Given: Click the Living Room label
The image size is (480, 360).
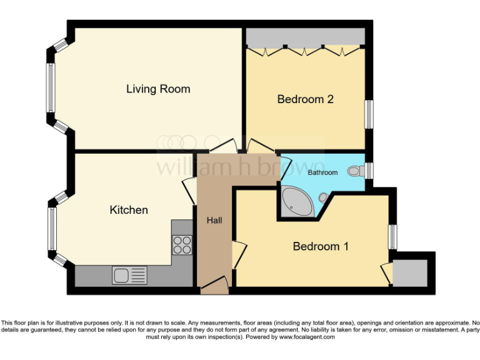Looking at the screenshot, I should pyautogui.click(x=158, y=89).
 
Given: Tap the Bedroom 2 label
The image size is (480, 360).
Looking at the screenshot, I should pyautogui.click(x=305, y=99).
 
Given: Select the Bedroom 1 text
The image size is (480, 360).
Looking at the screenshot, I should pyautogui.click(x=321, y=246).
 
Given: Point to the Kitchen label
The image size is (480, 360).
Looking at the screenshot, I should pyautogui.click(x=129, y=209).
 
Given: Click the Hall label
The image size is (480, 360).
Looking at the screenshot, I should pyautogui.click(x=214, y=221).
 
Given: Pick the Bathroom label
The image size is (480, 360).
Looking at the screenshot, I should pyautogui.click(x=322, y=172).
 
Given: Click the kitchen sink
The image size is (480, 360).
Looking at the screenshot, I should pyautogui.click(x=129, y=275).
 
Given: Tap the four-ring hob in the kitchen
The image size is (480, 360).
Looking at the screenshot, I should pyautogui.click(x=182, y=244).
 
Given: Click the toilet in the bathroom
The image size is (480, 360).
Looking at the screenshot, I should pyautogui.click(x=356, y=169).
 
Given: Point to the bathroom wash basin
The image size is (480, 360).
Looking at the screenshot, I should pyautogui.click(x=324, y=197).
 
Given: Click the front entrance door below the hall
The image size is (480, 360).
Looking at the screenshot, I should pyautogui.click(x=214, y=286).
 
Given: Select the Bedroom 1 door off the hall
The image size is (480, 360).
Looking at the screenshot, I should pyautogui.click(x=237, y=254).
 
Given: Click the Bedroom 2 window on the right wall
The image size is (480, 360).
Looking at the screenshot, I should pyautogui.click(x=369, y=114).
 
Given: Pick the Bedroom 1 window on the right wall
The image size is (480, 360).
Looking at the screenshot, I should pyautogui.click(x=392, y=237).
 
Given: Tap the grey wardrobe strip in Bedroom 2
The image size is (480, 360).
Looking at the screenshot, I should pyautogui.click(x=305, y=37).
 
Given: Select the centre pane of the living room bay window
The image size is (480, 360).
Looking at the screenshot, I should pyautogui.click(x=50, y=88).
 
